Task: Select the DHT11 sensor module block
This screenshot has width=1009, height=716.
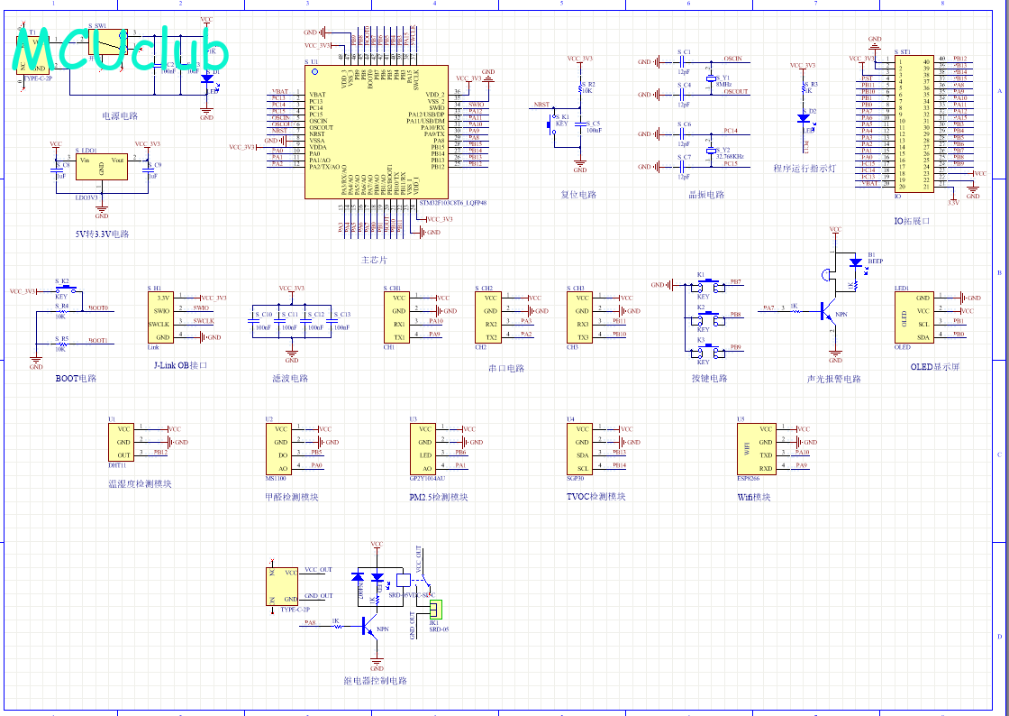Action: pos(121,442)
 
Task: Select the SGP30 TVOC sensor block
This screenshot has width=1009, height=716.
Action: pos(583,448)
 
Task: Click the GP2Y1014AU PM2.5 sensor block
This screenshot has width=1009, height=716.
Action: pos(426,448)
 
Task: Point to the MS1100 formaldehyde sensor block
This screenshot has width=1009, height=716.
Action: pos(281,448)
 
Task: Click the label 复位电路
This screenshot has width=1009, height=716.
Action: pos(578,194)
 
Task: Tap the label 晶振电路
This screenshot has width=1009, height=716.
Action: pos(706,194)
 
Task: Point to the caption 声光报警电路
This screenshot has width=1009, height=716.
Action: pos(833,379)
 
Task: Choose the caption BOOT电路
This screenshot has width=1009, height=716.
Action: pos(76,379)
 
